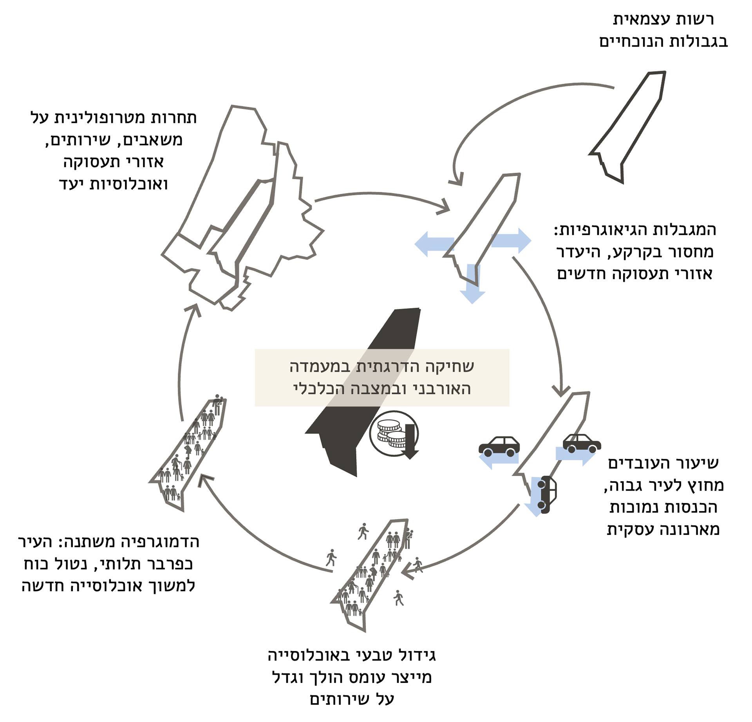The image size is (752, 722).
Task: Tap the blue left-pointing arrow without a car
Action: click(x=433, y=243)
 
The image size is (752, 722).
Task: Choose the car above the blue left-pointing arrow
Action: click(x=499, y=446)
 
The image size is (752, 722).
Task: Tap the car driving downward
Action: click(x=547, y=494)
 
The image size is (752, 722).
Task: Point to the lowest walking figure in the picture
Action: click(x=399, y=598)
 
